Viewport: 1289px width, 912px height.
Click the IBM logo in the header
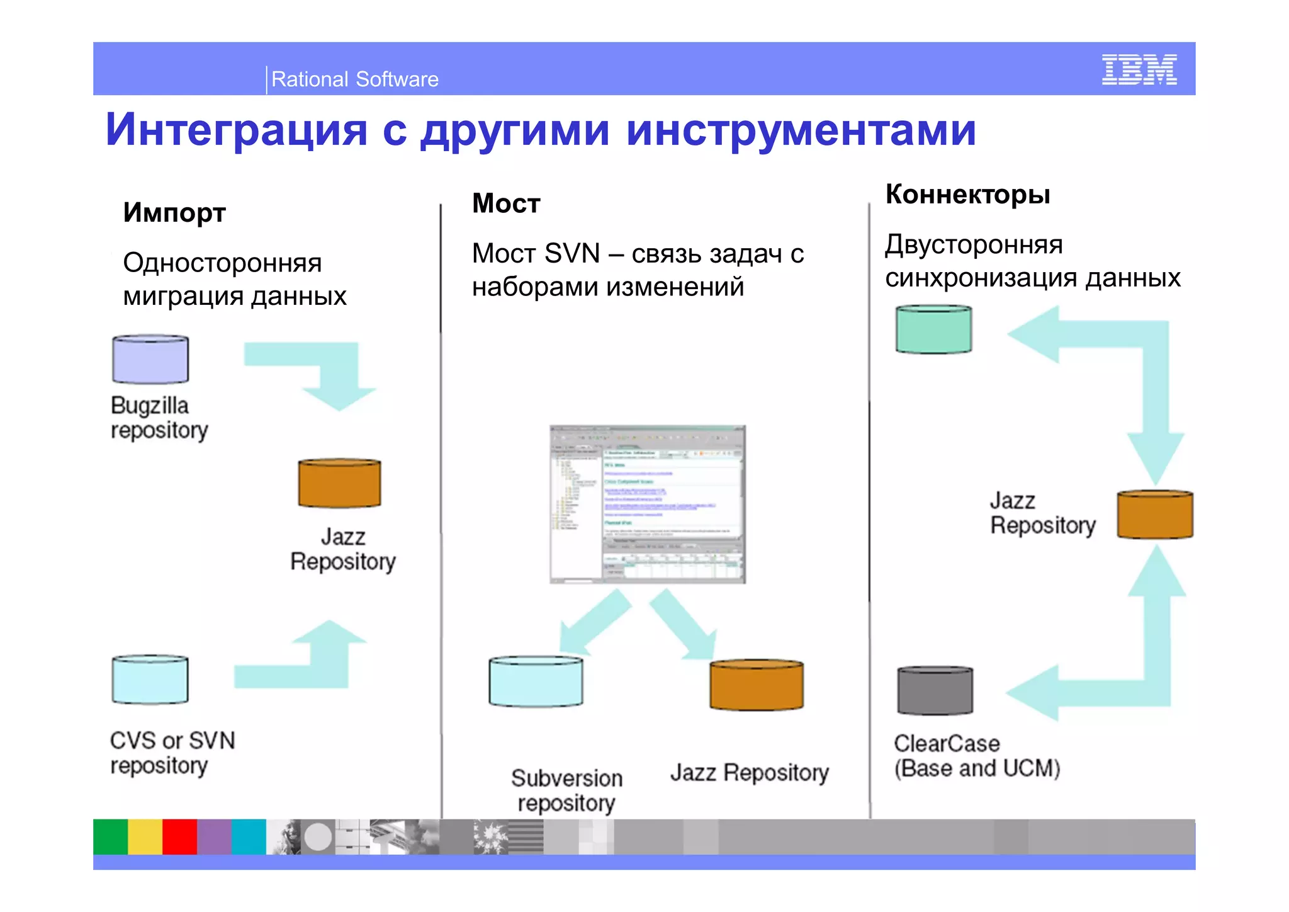tap(1139, 69)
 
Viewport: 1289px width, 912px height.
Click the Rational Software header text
tap(354, 79)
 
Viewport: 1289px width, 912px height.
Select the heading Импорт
tap(174, 213)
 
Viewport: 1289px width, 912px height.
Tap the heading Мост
tap(506, 203)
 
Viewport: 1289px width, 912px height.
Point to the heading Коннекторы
tap(967, 195)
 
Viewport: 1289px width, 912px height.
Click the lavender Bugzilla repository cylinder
tap(150, 360)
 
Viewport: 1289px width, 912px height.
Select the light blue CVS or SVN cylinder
tap(150, 680)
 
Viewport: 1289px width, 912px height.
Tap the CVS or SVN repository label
tap(172, 753)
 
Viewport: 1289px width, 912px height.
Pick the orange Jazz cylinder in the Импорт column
tap(339, 483)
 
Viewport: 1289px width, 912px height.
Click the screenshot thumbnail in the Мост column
tap(647, 504)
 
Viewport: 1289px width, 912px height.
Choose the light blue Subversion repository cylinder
tap(536, 681)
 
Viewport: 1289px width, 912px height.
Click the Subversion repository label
tap(566, 790)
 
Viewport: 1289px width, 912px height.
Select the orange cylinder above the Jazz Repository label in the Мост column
tap(756, 685)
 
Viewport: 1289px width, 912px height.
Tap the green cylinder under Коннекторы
tap(933, 329)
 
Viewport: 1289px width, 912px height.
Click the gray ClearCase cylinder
tap(935, 691)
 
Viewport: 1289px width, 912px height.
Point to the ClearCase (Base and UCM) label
tap(976, 756)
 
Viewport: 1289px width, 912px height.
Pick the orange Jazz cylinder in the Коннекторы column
tap(1154, 515)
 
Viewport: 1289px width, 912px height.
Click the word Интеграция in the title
tap(236, 130)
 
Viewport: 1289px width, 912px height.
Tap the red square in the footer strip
tap(179, 836)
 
